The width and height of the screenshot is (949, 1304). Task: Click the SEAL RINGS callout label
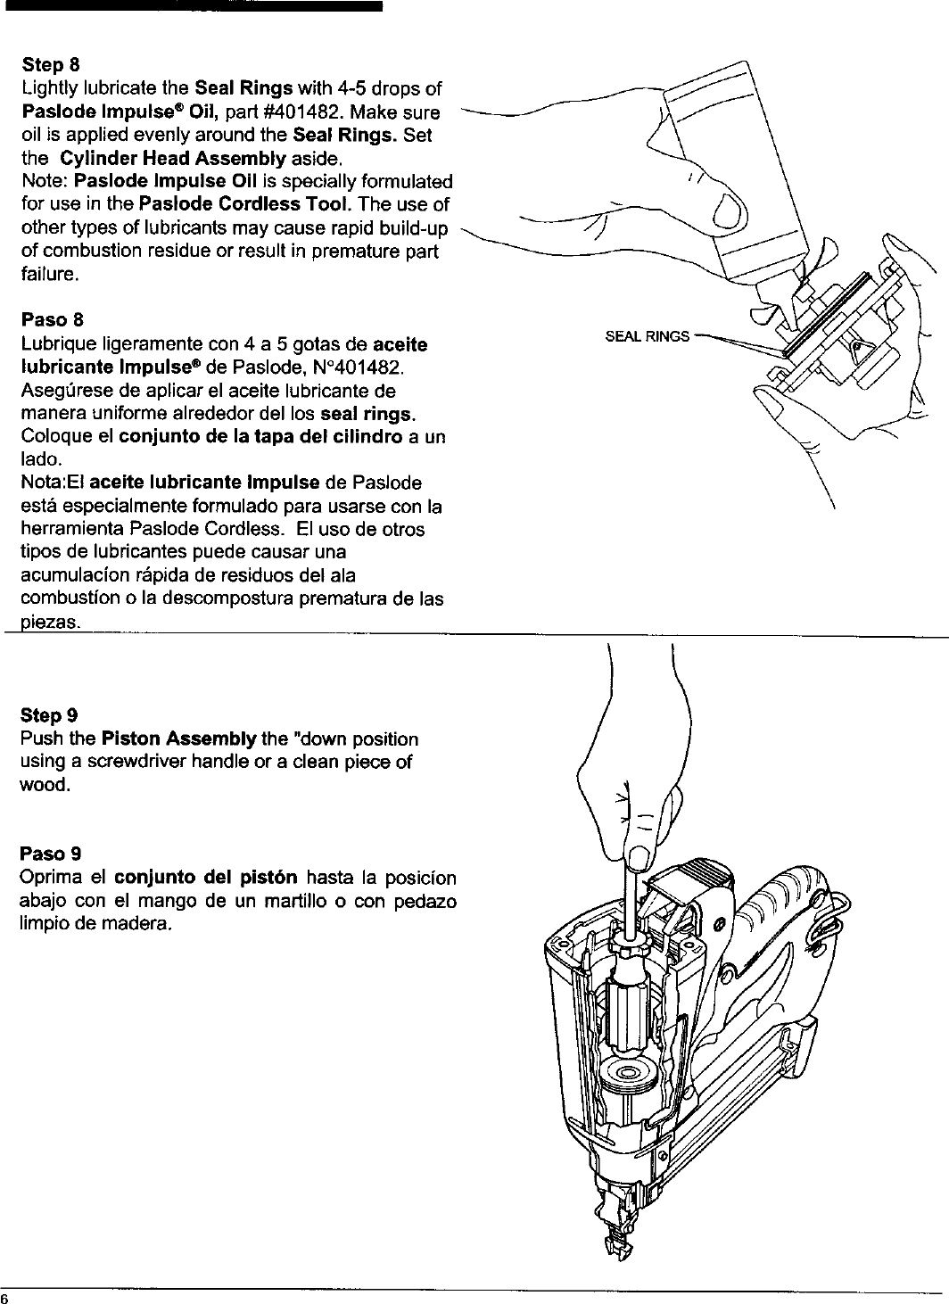point(647,336)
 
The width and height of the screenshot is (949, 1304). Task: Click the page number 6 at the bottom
point(4,1297)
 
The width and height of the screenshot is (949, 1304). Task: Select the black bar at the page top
point(191,5)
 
